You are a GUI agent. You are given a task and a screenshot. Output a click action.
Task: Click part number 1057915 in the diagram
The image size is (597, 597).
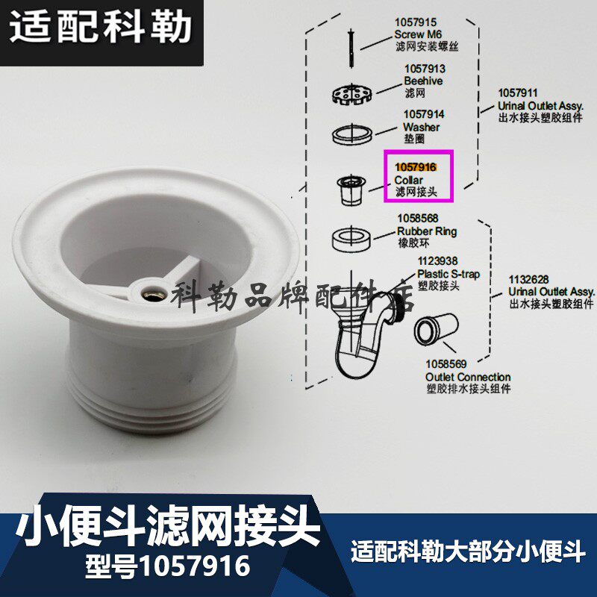pyautogui.click(x=415, y=24)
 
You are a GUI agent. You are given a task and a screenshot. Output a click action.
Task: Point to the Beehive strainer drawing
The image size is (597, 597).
pyautogui.click(x=351, y=95)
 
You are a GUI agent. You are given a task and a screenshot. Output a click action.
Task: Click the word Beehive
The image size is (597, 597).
pyautogui.click(x=423, y=81)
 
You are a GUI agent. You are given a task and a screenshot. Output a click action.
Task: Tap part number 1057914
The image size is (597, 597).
pyautogui.click(x=424, y=115)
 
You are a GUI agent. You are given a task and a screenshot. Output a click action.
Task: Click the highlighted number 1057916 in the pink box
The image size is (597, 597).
pyautogui.click(x=416, y=167)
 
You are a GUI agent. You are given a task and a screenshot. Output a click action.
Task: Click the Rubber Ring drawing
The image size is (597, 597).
pyautogui.click(x=351, y=239)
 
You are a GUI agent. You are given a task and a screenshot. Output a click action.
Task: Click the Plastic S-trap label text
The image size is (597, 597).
pyautogui.click(x=448, y=274)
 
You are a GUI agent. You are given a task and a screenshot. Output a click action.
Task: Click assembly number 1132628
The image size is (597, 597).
pyautogui.click(x=529, y=279)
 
